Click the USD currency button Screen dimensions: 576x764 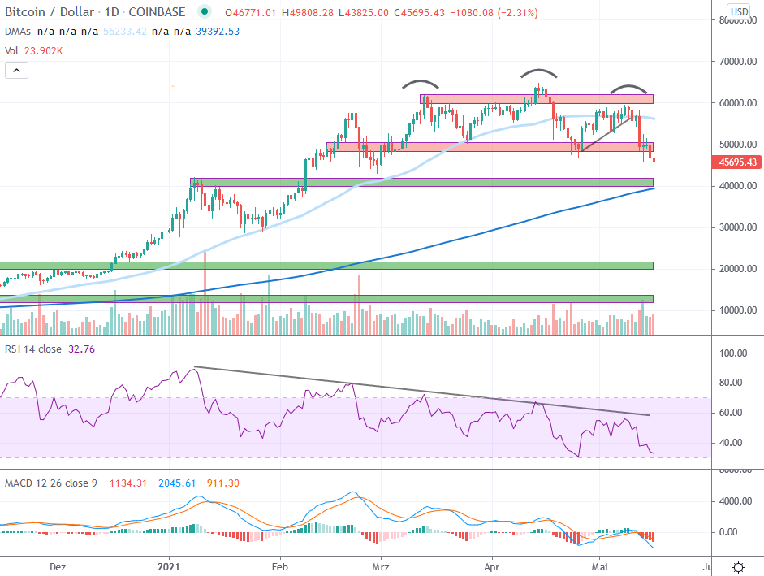[x=739, y=12]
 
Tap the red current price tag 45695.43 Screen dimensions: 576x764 [x=739, y=162]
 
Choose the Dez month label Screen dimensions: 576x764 [x=57, y=565]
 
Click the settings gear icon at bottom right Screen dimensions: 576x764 [x=738, y=566]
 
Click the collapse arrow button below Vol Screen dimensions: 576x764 [x=17, y=71]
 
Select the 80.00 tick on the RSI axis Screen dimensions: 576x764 [x=734, y=383]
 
